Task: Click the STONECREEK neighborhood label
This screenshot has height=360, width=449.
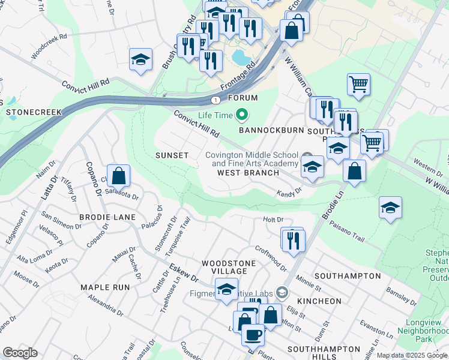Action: (x=34, y=112)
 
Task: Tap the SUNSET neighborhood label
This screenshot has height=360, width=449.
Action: (x=172, y=155)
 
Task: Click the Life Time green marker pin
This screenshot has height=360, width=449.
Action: (x=243, y=113)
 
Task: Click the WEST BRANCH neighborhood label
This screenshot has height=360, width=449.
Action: (x=248, y=173)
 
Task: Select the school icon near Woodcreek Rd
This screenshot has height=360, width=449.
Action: (x=140, y=60)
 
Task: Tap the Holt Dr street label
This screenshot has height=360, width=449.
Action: (x=273, y=220)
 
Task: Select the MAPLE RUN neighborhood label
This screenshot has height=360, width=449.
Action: (x=105, y=287)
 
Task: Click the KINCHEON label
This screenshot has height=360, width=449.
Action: (x=319, y=301)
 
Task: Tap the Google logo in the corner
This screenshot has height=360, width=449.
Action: (x=20, y=353)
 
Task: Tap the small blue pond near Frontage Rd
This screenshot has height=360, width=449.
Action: (x=240, y=58)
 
